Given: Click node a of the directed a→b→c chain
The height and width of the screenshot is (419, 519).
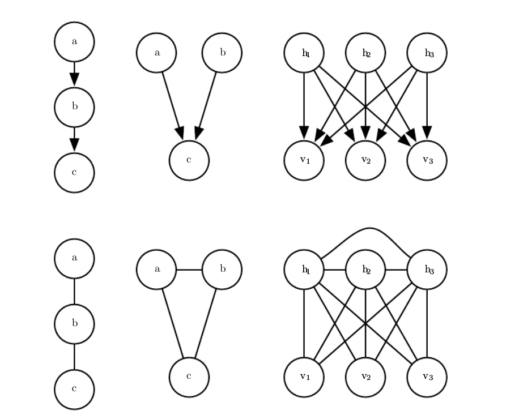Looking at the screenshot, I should pos(74,42).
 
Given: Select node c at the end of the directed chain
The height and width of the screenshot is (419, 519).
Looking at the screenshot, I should pos(74,173).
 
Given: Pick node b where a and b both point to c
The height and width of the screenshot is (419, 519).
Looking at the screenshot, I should pos(222,53).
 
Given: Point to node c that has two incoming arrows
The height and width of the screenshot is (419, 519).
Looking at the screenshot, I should pos(189,160).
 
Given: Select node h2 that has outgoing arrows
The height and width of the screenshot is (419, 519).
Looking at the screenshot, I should pos(366,53).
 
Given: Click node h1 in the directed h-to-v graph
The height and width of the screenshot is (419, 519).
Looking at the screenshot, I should pos(304,53).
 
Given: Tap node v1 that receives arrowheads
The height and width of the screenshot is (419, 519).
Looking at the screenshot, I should pos(304,160).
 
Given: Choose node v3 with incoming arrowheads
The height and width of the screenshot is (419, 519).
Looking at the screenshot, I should pos(427,160).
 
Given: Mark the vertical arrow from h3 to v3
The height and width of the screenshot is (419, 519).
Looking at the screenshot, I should pos(427,102).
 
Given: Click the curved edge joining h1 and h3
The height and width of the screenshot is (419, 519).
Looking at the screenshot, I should pos(366,229).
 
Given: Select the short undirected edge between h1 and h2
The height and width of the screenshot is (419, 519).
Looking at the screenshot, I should pos(335,270).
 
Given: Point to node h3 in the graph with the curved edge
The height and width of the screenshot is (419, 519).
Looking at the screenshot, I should pos(427,270).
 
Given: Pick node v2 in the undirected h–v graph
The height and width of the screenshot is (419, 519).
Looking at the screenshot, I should pos(366,377).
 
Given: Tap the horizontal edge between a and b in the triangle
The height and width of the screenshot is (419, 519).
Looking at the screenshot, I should pos(189,270).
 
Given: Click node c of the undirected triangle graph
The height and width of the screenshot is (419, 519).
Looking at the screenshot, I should pos(189,377).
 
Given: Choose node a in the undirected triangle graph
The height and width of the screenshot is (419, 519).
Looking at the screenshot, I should pos(156,270).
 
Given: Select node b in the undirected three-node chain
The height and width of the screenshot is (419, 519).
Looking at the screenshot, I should pos(74,324).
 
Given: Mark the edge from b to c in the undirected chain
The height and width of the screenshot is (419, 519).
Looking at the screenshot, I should pos(74,357).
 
